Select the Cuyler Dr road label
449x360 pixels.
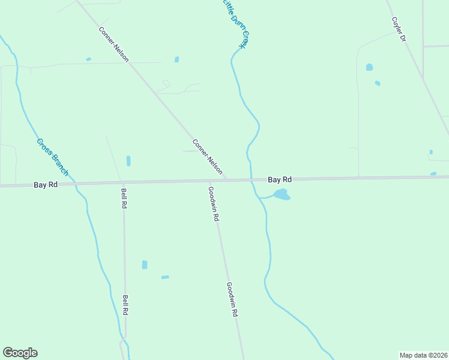coord(399,29)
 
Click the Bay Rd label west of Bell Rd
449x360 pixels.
coord(46,185)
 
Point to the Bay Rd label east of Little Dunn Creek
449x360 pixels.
coord(280,179)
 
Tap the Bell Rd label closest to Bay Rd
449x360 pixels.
coord(124,198)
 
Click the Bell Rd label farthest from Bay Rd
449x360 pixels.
coord(125,305)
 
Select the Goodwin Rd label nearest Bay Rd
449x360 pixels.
coord(213,204)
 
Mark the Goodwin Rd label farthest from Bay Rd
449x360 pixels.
coord(232,299)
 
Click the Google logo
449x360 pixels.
coord(20,353)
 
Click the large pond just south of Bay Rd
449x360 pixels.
coord(282,194)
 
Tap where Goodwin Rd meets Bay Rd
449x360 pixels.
coord(209,181)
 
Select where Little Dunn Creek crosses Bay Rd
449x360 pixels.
coord(251,180)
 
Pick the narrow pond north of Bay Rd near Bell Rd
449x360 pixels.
coord(128,161)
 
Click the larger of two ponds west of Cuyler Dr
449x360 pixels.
coord(369,67)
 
